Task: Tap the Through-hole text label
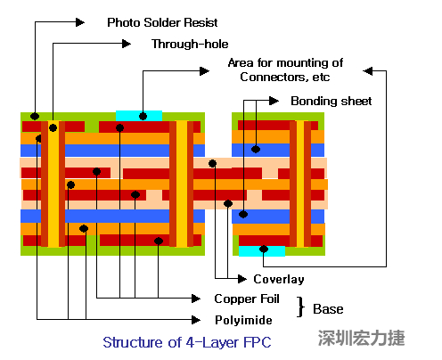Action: click(188, 43)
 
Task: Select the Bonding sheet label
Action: click(331, 101)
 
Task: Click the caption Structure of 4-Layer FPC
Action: click(186, 342)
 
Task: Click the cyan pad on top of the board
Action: click(139, 115)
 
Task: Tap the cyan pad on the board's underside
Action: click(261, 250)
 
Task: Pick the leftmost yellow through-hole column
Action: click(53, 183)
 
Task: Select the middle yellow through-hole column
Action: click(181, 183)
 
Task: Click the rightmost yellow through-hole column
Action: click(298, 183)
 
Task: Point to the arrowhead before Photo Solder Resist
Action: click(81, 21)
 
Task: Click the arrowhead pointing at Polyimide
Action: click(192, 318)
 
